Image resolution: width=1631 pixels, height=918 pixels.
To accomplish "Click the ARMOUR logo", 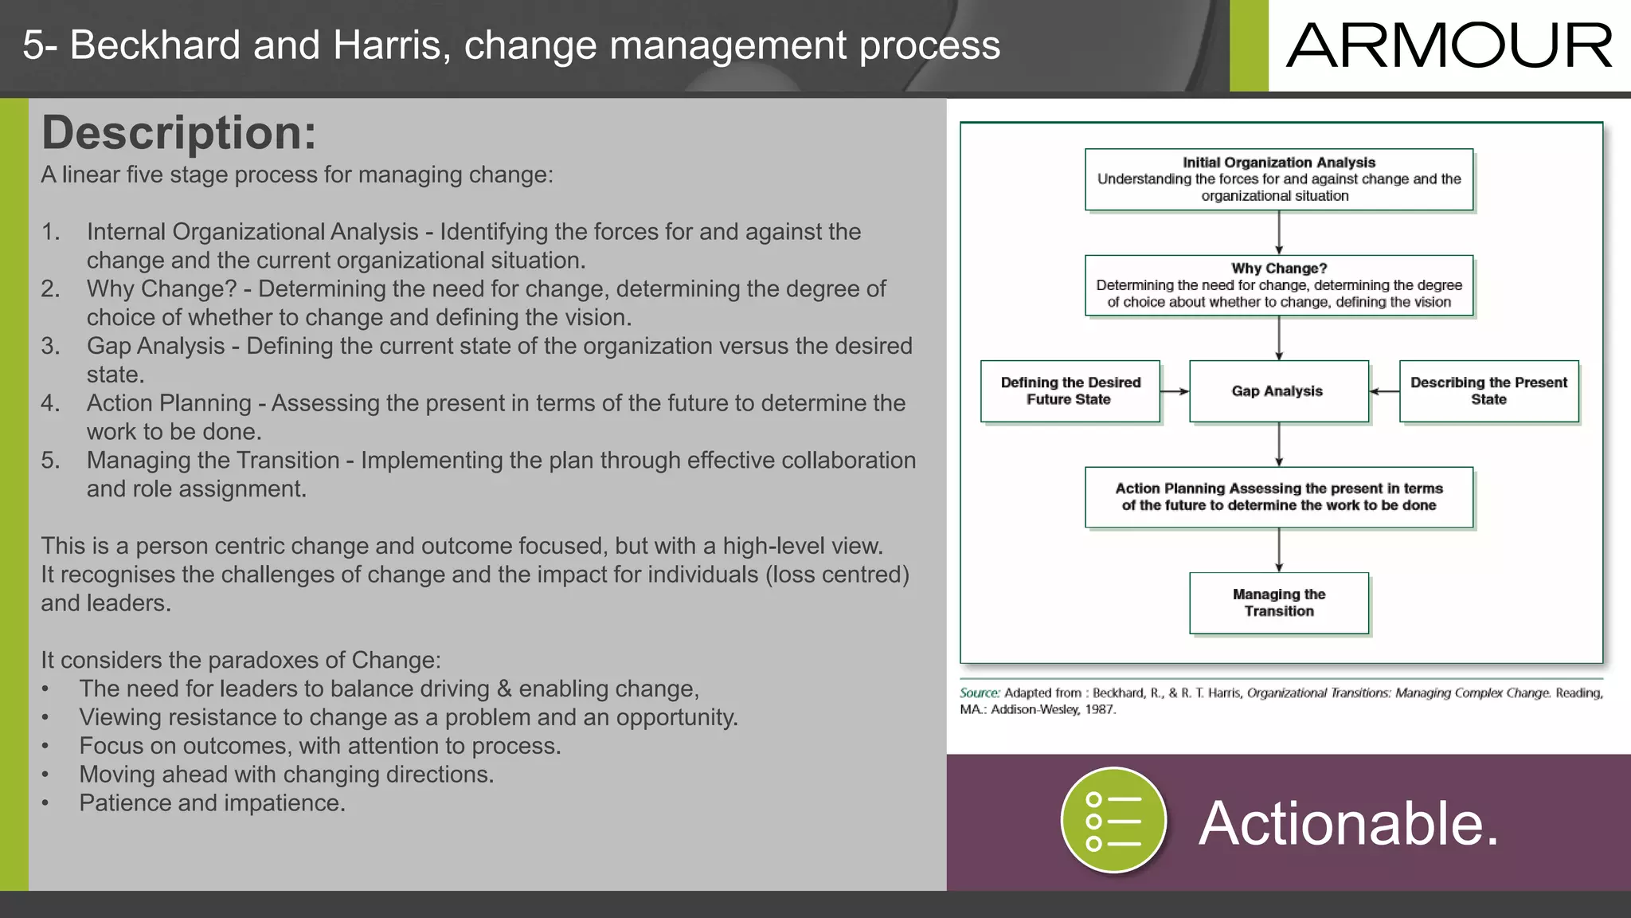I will point(1449,46).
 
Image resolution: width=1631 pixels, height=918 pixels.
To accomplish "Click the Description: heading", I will point(179,132).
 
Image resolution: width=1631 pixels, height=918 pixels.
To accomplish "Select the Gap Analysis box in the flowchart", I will point(1278,391).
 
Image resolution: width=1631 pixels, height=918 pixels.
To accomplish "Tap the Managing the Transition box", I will point(1278,603).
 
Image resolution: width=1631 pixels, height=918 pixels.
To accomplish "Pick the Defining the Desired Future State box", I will point(1070,391).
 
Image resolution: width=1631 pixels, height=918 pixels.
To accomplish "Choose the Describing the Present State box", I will point(1488,391).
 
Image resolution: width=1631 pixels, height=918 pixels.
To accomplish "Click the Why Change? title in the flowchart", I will point(1278,269).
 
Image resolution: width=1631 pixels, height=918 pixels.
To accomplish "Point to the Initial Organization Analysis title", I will point(1278,163).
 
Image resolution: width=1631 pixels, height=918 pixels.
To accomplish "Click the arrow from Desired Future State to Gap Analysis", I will point(1174,391).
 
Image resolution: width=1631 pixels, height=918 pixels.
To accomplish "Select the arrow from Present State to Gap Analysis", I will point(1384,391).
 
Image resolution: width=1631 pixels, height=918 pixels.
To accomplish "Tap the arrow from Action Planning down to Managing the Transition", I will point(1279,550).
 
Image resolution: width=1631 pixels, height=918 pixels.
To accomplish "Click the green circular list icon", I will point(1113,821).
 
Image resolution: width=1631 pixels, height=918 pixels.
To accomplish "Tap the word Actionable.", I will point(1348,823).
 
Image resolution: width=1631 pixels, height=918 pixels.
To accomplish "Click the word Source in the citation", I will point(979,693).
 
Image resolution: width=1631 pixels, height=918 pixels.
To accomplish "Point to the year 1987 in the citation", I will point(1099,710).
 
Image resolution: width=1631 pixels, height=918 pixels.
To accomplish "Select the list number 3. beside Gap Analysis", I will point(51,346).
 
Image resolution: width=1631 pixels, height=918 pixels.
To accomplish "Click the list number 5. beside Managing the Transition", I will point(51,461).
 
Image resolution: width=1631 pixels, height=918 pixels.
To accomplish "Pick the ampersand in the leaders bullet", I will point(503,688).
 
